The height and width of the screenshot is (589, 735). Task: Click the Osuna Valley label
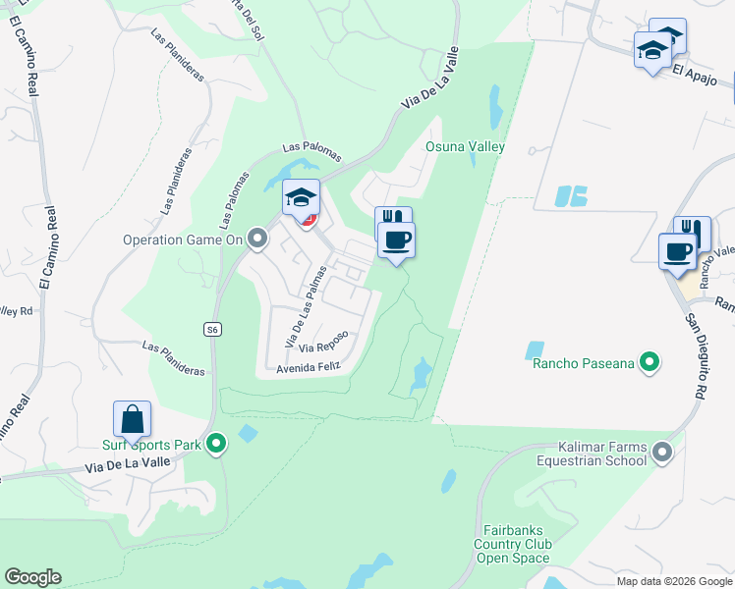(465, 147)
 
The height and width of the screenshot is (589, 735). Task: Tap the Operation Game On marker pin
(257, 239)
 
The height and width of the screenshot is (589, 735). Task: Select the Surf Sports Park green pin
(217, 445)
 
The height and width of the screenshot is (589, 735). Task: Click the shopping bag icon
(132, 420)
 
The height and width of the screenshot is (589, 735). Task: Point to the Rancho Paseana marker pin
(649, 364)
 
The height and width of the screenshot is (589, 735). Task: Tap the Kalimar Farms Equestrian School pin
(663, 453)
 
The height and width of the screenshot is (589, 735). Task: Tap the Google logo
(32, 577)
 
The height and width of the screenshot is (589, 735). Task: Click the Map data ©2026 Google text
(673, 581)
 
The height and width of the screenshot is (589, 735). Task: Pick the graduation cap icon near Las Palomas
(302, 198)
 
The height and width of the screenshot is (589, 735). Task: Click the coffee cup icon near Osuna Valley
(396, 240)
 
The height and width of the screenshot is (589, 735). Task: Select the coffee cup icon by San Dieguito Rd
(677, 251)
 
